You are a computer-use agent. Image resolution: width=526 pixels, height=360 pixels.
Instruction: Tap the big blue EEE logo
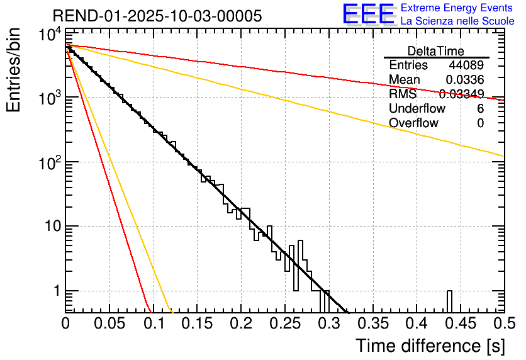click(x=368, y=14)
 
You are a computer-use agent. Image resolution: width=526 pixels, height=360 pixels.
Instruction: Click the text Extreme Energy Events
click(x=457, y=8)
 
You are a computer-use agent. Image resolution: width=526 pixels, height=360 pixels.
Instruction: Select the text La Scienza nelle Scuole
click(x=457, y=21)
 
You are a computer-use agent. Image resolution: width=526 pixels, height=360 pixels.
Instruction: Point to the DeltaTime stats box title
click(x=436, y=51)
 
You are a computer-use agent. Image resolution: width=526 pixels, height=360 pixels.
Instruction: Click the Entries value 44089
click(x=466, y=65)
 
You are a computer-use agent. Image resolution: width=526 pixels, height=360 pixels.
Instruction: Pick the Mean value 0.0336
click(x=465, y=80)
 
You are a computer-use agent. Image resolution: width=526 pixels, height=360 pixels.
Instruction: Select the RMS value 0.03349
click(x=461, y=94)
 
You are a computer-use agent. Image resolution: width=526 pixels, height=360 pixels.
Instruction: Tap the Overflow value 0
click(x=480, y=123)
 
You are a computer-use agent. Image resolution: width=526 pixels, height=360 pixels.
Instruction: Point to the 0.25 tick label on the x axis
click(x=284, y=323)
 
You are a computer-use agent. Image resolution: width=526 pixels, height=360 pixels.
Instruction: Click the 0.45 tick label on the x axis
click(x=460, y=323)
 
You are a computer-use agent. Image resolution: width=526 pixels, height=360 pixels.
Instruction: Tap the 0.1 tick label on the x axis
click(x=153, y=323)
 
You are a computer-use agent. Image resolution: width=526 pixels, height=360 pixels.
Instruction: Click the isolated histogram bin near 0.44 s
click(x=450, y=301)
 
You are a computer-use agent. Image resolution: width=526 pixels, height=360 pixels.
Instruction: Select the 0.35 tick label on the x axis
click(x=372, y=323)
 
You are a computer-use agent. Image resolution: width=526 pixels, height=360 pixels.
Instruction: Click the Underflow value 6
click(x=480, y=109)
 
